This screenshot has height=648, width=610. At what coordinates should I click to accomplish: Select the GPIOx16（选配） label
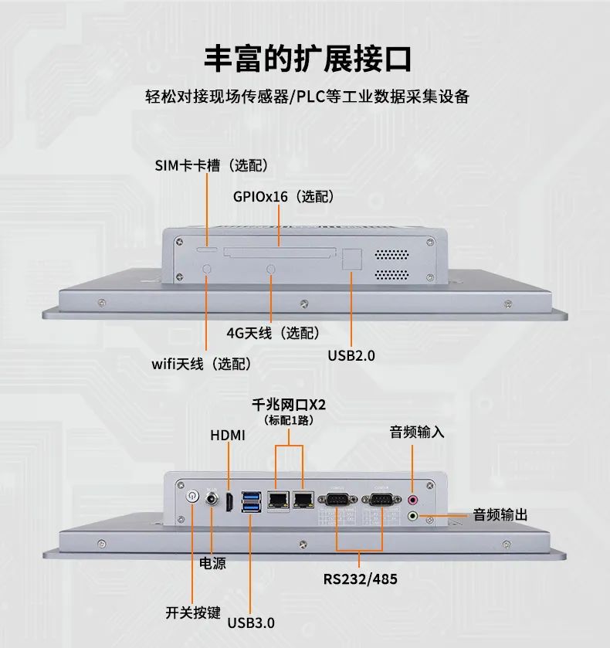[x=283, y=197]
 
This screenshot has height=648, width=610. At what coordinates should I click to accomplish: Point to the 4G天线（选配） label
[x=272, y=333]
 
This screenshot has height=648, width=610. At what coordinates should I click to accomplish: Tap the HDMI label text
[x=228, y=435]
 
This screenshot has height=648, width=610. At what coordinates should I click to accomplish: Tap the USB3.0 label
[x=251, y=623]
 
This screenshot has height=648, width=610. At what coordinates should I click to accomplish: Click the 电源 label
[x=212, y=564]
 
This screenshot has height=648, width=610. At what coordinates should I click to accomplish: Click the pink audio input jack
[x=412, y=500]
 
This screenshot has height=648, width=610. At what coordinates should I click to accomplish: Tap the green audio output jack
[x=412, y=515]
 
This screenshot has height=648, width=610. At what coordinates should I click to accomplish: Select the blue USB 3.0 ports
[x=252, y=501]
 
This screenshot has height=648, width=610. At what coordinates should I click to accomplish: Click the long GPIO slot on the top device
[x=280, y=251]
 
